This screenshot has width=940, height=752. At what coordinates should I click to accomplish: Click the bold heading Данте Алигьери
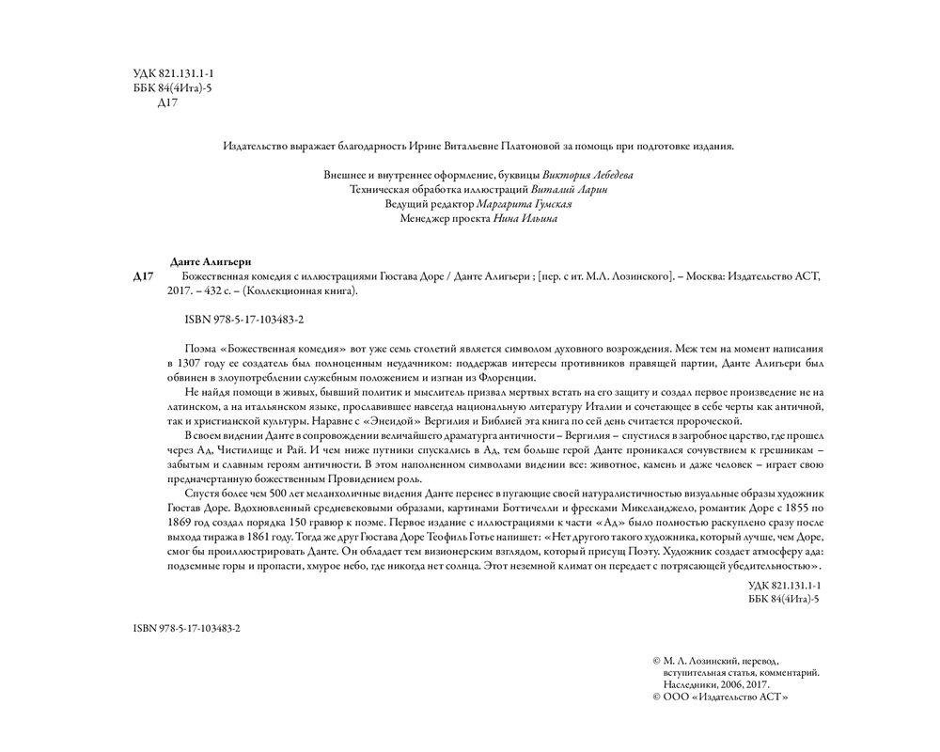tap(214, 260)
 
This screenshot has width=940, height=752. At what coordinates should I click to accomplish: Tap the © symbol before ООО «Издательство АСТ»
tap(656, 698)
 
